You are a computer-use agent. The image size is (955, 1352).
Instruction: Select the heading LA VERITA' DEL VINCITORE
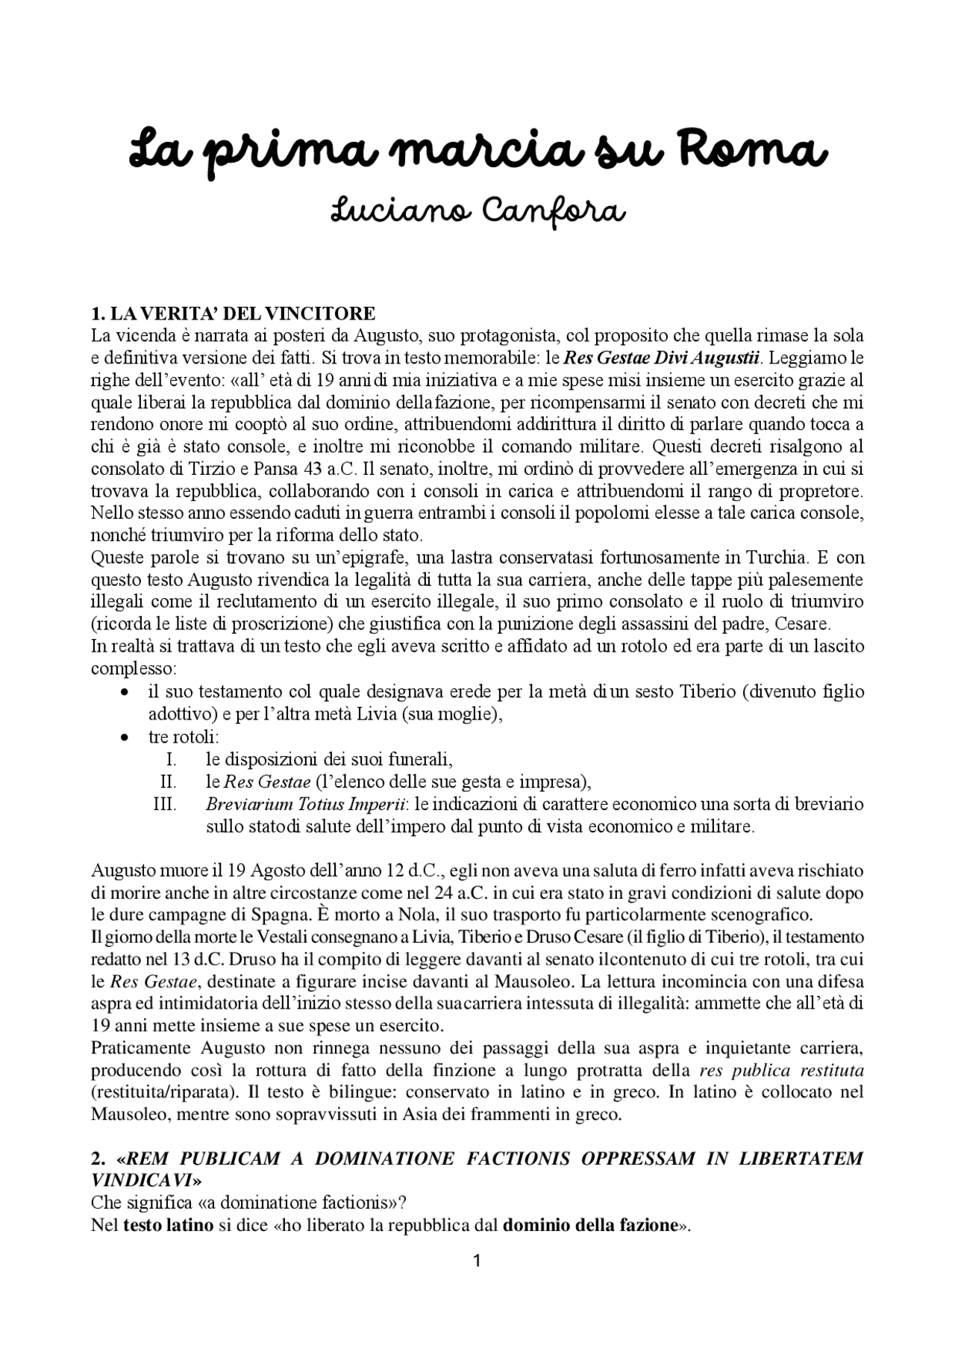pos(233,312)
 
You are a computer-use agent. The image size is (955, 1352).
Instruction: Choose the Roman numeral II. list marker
pos(168,782)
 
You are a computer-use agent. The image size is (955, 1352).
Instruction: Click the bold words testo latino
pos(168,1225)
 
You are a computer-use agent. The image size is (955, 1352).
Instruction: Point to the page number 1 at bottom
pos(477,1262)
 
